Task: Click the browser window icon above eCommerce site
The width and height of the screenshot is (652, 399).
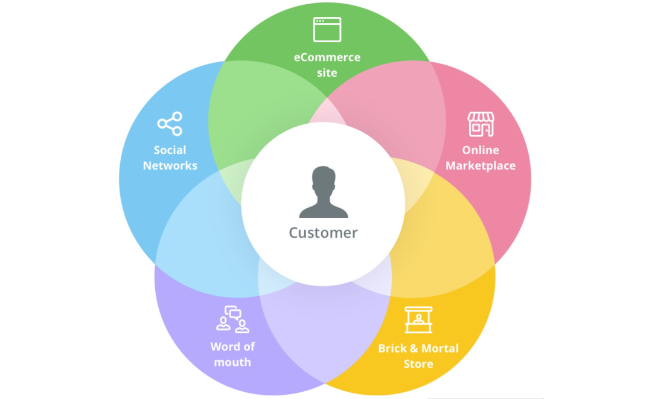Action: [327, 30]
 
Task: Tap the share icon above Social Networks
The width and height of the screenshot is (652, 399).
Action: [170, 124]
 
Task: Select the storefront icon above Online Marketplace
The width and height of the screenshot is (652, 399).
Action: [481, 124]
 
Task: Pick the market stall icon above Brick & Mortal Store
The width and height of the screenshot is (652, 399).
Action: [418, 320]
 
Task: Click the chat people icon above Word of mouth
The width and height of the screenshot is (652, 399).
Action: [232, 319]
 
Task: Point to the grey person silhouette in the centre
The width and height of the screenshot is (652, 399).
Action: [324, 193]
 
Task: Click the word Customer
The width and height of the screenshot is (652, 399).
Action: [323, 233]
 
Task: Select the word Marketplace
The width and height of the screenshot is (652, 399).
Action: [481, 165]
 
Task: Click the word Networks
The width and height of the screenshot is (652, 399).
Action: [170, 165]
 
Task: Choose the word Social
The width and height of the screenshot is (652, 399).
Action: [170, 150]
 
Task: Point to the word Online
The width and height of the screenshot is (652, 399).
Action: [481, 150]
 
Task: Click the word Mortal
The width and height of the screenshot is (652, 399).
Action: [439, 348]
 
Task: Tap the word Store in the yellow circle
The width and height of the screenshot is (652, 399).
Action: [418, 364]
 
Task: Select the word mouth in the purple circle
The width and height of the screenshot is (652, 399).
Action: [232, 362]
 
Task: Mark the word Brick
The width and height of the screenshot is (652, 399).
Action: [392, 348]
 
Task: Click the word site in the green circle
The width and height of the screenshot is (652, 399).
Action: [327, 73]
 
